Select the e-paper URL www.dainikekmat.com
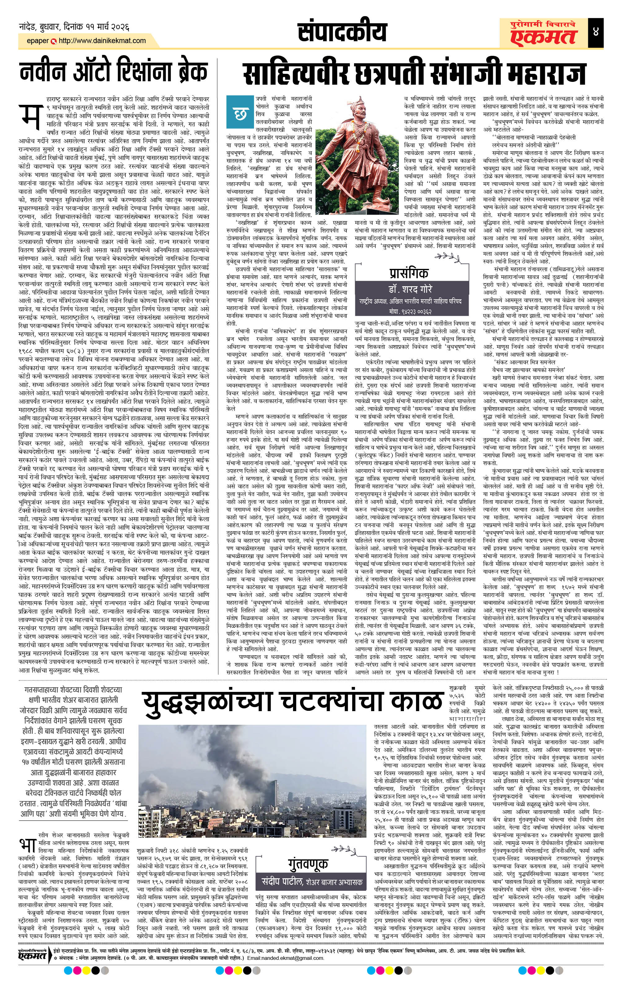(102, 41)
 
